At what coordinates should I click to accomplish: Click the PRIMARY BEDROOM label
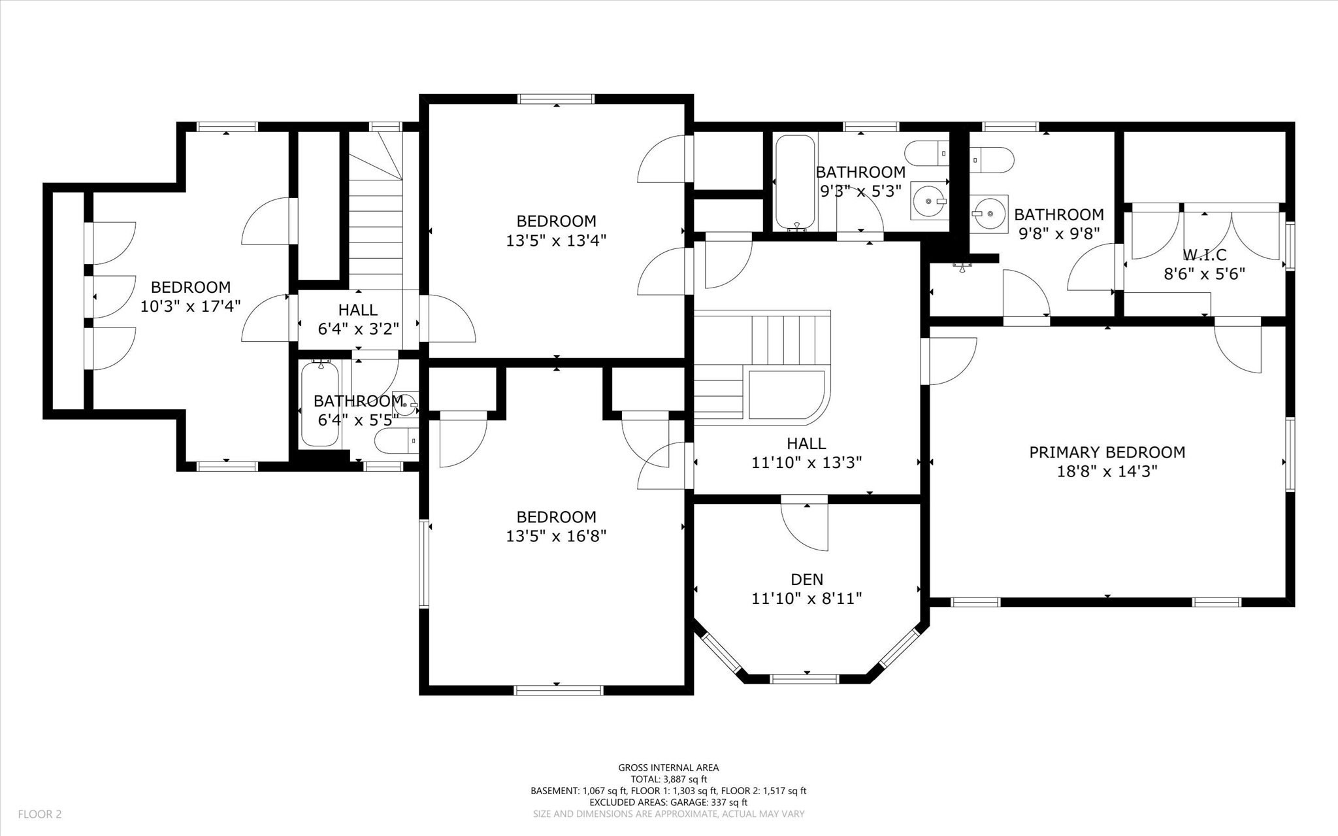click(1107, 452)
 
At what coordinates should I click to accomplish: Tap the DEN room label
click(807, 579)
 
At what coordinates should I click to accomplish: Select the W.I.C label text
click(1204, 255)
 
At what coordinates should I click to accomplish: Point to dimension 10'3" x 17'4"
click(191, 306)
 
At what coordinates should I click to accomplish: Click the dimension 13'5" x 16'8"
click(556, 537)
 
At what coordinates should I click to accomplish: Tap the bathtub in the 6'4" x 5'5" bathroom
click(320, 405)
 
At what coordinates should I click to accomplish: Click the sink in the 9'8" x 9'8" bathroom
click(988, 214)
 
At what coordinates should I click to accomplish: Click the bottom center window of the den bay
click(804, 679)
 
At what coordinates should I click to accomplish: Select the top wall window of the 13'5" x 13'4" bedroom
click(556, 99)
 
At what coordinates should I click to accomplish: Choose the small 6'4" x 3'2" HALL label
click(357, 310)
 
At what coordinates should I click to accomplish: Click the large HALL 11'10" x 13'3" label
click(806, 444)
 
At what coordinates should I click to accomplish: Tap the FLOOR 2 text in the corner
click(39, 814)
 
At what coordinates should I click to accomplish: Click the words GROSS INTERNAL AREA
click(668, 768)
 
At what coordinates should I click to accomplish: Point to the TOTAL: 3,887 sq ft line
click(668, 779)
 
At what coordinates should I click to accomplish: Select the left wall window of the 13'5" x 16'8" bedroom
click(423, 563)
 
